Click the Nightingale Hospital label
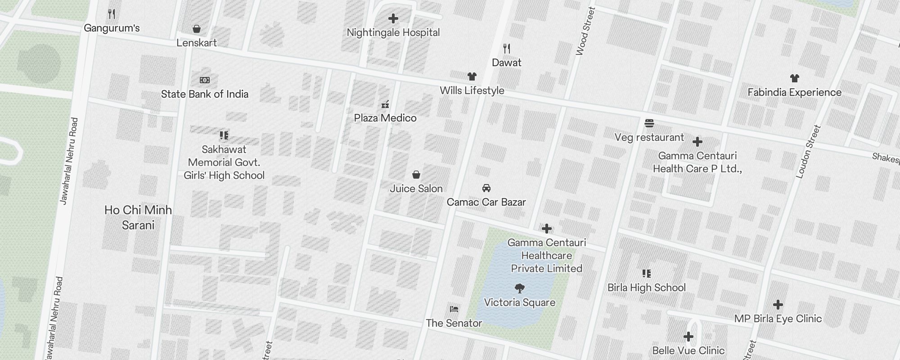click(393, 32)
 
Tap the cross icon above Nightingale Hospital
click(393, 18)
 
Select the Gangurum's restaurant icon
click(112, 14)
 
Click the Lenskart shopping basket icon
click(197, 29)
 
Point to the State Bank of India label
click(205, 94)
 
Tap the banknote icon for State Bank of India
click(205, 80)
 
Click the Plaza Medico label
click(385, 118)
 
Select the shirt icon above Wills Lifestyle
click(472, 76)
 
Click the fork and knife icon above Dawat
click(507, 49)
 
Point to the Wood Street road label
click(585, 31)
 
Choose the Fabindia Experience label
click(794, 92)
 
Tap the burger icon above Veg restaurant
click(649, 123)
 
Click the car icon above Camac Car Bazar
click(486, 188)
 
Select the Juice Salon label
click(416, 189)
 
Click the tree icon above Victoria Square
click(519, 288)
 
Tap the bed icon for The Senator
click(454, 309)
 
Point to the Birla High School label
click(646, 288)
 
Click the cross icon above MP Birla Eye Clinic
click(778, 305)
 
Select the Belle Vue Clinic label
click(688, 351)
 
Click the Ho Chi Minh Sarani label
click(138, 217)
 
